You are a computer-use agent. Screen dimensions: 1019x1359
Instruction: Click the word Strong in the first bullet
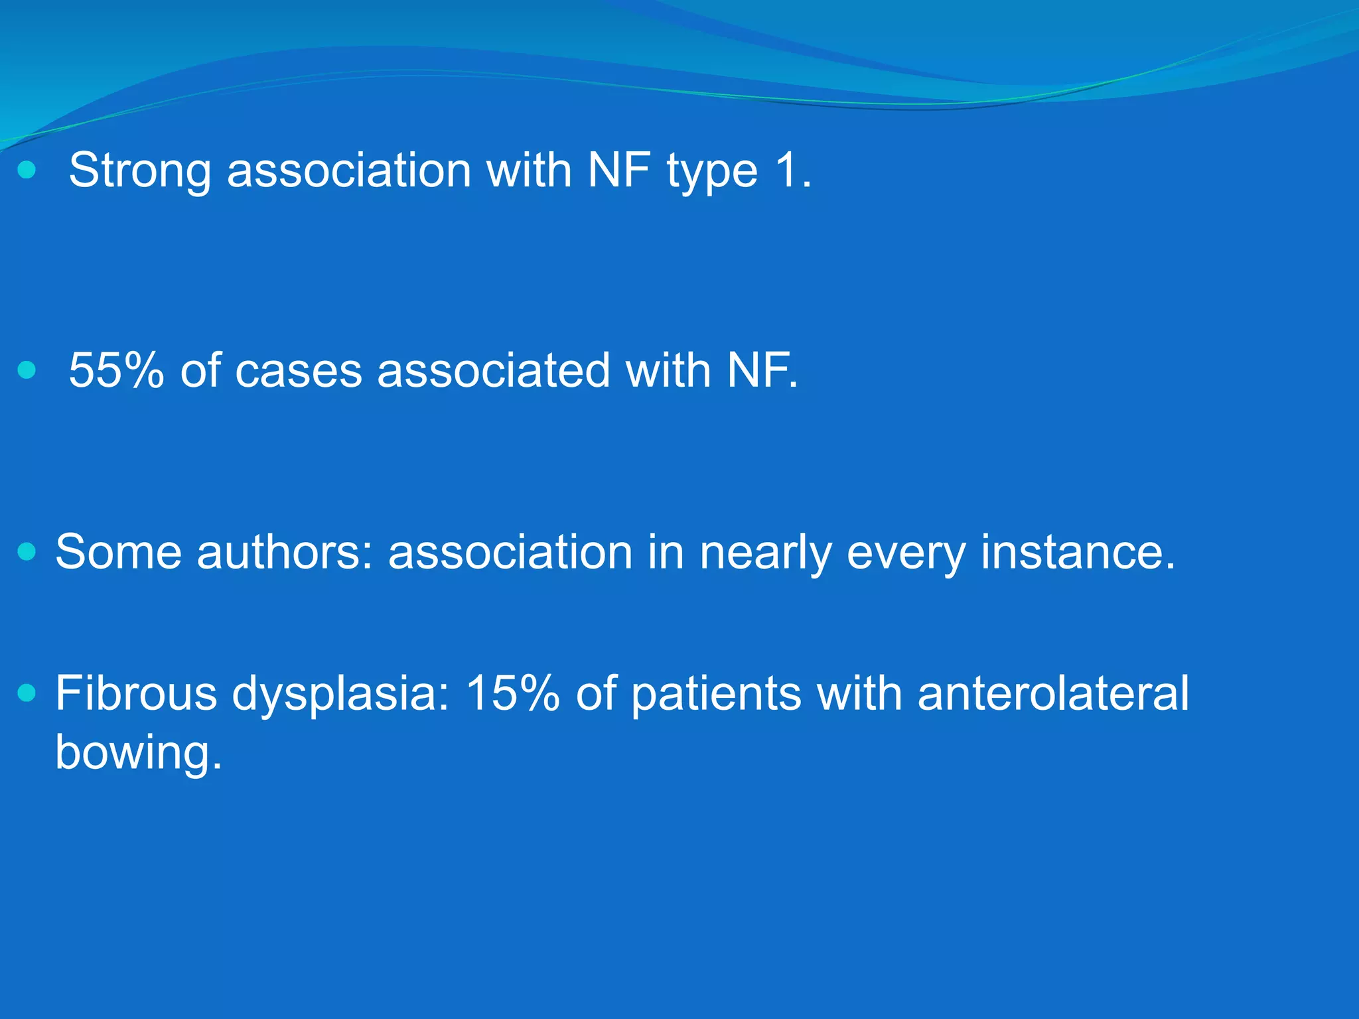click(x=140, y=171)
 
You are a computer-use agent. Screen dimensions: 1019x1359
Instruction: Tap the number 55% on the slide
click(x=116, y=370)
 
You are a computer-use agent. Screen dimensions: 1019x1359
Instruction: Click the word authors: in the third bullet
click(x=285, y=552)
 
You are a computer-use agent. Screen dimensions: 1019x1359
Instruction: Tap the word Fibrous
click(x=136, y=693)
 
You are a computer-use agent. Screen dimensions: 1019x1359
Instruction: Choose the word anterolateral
click(x=1052, y=693)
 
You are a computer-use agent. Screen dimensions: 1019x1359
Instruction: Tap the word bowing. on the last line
click(x=138, y=754)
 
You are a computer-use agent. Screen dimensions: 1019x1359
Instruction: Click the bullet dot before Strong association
click(x=27, y=170)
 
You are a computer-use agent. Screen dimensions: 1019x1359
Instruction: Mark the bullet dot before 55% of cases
click(x=27, y=370)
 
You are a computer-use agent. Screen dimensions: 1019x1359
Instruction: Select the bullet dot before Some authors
click(x=27, y=552)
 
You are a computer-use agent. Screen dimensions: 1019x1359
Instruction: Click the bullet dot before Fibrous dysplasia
click(x=27, y=693)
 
